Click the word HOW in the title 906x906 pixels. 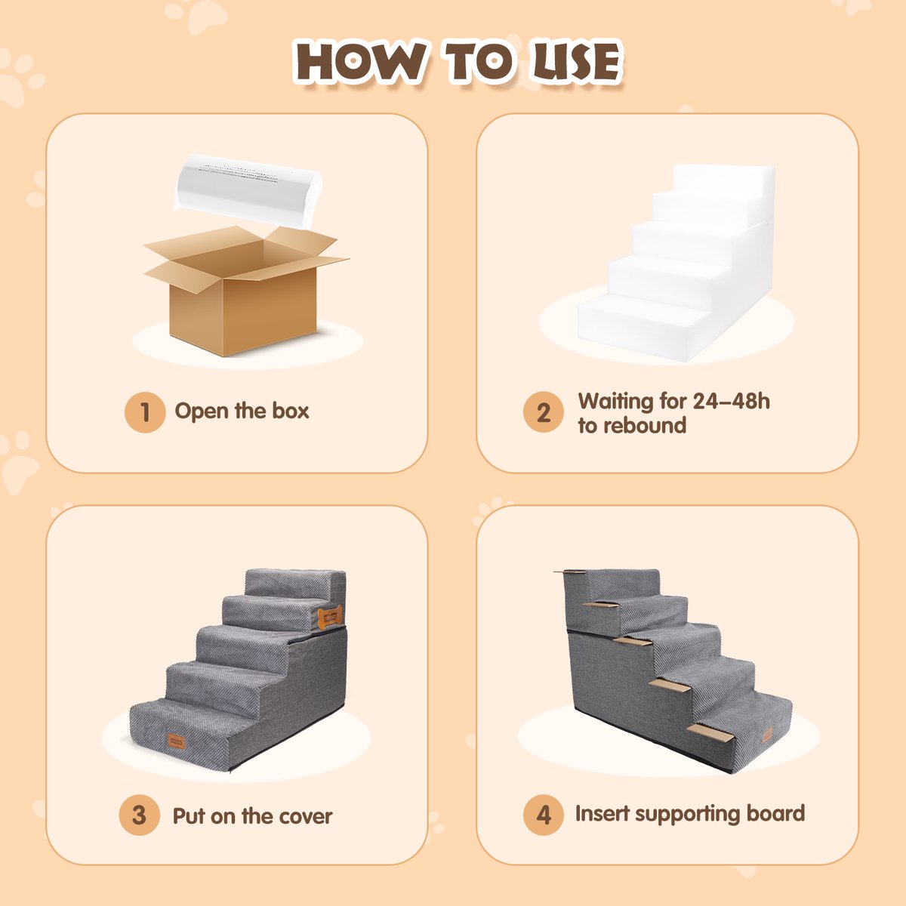(359, 62)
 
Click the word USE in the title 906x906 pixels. (576, 62)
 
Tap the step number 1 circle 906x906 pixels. (145, 412)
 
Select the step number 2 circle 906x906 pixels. (544, 412)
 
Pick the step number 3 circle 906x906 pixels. (139, 815)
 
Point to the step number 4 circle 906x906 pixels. (544, 815)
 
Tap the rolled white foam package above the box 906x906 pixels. (248, 191)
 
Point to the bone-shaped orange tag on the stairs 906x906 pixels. (330, 618)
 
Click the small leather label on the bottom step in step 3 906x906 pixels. (176, 741)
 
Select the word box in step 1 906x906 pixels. (291, 411)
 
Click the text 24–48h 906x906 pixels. (731, 401)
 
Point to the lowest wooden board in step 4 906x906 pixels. (710, 733)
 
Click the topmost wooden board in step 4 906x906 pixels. (570, 572)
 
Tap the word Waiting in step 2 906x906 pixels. (615, 401)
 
